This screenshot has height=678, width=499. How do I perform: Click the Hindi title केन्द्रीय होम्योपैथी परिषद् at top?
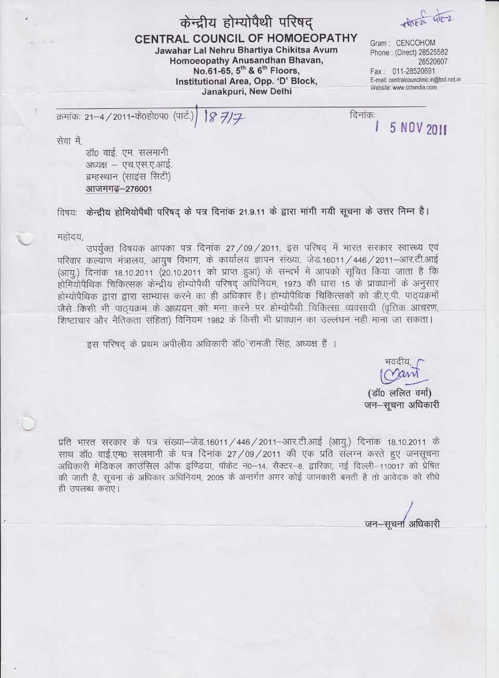coord(246,21)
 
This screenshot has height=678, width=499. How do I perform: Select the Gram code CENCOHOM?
coord(415,43)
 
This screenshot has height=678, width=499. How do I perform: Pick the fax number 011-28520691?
coord(414,71)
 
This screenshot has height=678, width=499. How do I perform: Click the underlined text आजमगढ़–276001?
coord(119,190)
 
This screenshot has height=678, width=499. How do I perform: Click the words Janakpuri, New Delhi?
coord(246,91)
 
